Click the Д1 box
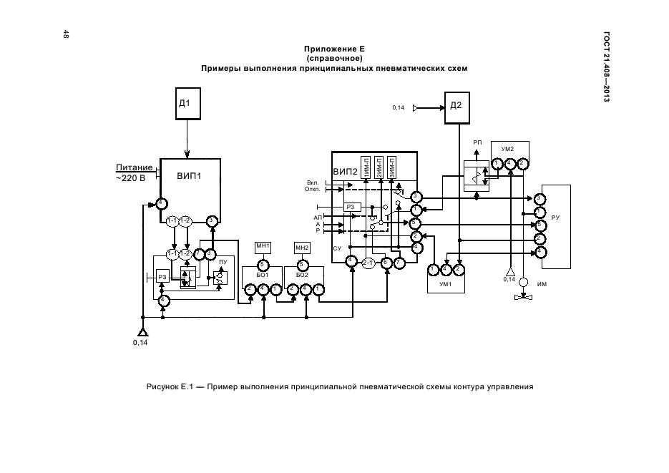[187, 103]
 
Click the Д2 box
[455, 107]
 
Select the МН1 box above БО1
[263, 248]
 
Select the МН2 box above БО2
[302, 248]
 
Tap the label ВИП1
[189, 175]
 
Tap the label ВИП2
[346, 172]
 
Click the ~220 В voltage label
[130, 177]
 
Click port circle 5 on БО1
[263, 263]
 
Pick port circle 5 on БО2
[302, 264]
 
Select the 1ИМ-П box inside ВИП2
[366, 167]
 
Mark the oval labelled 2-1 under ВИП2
[368, 263]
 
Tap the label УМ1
[444, 284]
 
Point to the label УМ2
[508, 149]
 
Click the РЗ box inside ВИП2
[351, 207]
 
